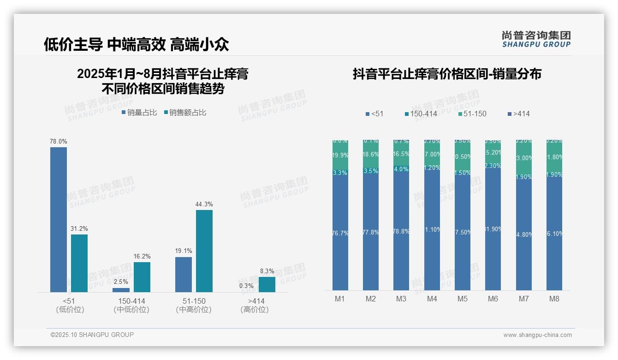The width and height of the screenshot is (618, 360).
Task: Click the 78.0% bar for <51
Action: (x=59, y=219)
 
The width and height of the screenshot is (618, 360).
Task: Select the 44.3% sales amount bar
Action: (x=204, y=251)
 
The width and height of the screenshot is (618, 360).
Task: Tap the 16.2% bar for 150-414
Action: (x=142, y=277)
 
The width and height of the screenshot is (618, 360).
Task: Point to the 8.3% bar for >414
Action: (x=267, y=284)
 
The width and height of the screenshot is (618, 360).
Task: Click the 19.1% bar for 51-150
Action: (x=184, y=274)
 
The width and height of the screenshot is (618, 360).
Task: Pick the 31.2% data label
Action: (x=79, y=228)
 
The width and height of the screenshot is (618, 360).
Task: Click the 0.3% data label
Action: (x=246, y=286)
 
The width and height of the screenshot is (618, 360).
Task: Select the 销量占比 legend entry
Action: (x=139, y=112)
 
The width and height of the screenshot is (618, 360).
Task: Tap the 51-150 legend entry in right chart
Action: (x=472, y=114)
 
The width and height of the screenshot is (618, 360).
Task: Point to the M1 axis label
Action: (x=340, y=299)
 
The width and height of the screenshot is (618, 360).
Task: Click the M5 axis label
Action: (x=463, y=299)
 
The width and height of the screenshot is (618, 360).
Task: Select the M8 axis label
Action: (x=554, y=299)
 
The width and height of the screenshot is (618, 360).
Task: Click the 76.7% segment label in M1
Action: (x=340, y=233)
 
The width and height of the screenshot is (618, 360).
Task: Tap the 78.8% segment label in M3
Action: (x=401, y=231)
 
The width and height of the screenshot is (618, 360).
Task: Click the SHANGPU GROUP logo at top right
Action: (x=536, y=39)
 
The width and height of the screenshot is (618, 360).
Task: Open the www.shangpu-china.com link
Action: (x=537, y=335)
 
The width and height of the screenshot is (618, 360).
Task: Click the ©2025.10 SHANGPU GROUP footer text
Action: (x=92, y=335)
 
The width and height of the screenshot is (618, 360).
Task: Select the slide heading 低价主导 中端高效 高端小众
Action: (x=137, y=44)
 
